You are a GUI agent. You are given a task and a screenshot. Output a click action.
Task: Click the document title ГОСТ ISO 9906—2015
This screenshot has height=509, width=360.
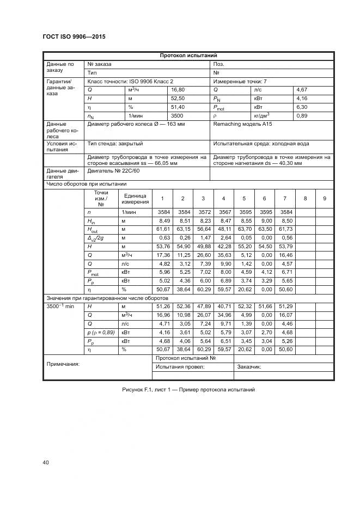pos(74,36)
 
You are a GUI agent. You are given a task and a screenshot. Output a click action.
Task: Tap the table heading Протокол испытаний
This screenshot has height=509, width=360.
pos(188,56)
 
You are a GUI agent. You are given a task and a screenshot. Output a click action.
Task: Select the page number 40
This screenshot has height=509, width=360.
pos(46,462)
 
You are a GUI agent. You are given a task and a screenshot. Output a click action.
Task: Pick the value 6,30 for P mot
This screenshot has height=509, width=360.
pos(302,107)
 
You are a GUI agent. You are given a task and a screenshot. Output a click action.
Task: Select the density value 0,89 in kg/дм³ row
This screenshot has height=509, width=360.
pos(302,116)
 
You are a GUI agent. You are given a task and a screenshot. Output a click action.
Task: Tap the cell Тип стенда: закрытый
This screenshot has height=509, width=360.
pos(115,144)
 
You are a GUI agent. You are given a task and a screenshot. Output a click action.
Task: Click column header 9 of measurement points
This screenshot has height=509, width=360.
pos(324,198)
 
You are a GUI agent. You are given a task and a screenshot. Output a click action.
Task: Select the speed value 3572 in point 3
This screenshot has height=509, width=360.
pos(203,212)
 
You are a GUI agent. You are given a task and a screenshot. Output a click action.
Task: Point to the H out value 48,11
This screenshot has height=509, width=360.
pos(223,230)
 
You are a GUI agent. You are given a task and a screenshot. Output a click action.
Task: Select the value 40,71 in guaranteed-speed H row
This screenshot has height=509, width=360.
pos(223,306)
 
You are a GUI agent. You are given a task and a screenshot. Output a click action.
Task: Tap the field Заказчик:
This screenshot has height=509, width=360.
pos(249,367)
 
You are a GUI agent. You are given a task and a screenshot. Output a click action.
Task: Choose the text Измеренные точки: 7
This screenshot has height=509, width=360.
pos(240,81)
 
